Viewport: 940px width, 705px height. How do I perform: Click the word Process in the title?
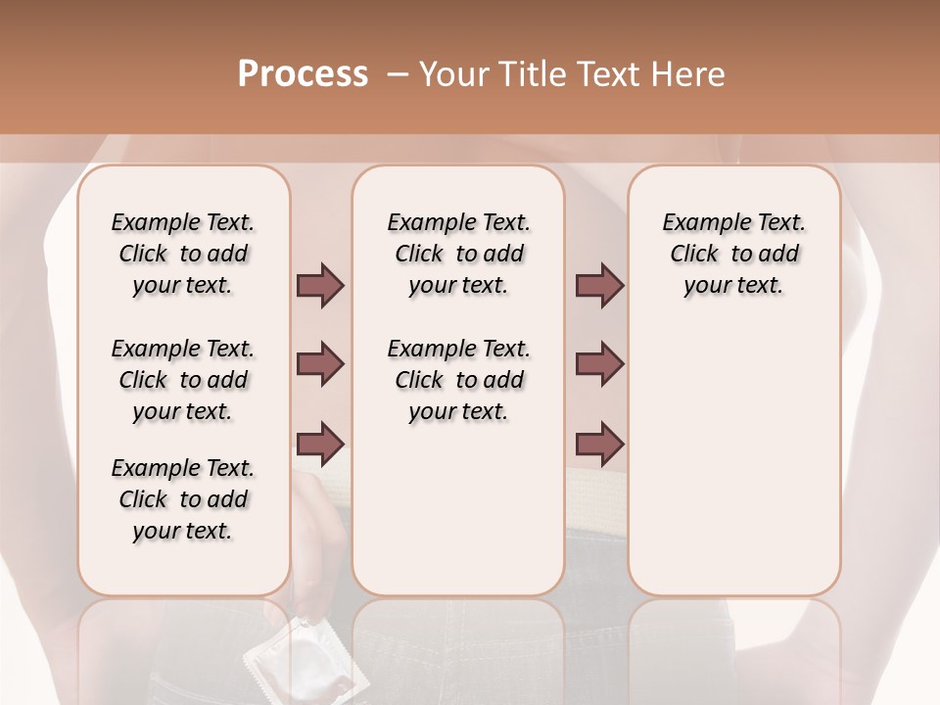[303, 74]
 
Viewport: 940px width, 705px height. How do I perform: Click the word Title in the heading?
[535, 74]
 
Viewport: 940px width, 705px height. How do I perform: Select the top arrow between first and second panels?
[320, 285]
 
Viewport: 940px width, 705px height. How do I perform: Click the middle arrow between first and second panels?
[320, 364]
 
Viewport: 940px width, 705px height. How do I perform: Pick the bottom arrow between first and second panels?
[320, 443]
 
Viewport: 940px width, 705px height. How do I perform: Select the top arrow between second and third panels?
[599, 285]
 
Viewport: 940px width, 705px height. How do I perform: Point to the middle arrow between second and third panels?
[599, 364]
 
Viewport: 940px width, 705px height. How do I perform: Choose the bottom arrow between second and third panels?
[599, 443]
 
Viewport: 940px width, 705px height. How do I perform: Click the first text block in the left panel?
[182, 254]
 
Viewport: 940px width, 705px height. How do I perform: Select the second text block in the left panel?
[182, 380]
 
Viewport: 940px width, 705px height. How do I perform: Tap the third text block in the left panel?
[182, 499]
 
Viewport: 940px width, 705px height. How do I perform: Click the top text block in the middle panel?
[458, 254]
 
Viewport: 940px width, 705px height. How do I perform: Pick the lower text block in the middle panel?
[458, 380]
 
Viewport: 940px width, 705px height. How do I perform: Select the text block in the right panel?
[733, 254]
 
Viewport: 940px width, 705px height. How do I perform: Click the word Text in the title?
[613, 74]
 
